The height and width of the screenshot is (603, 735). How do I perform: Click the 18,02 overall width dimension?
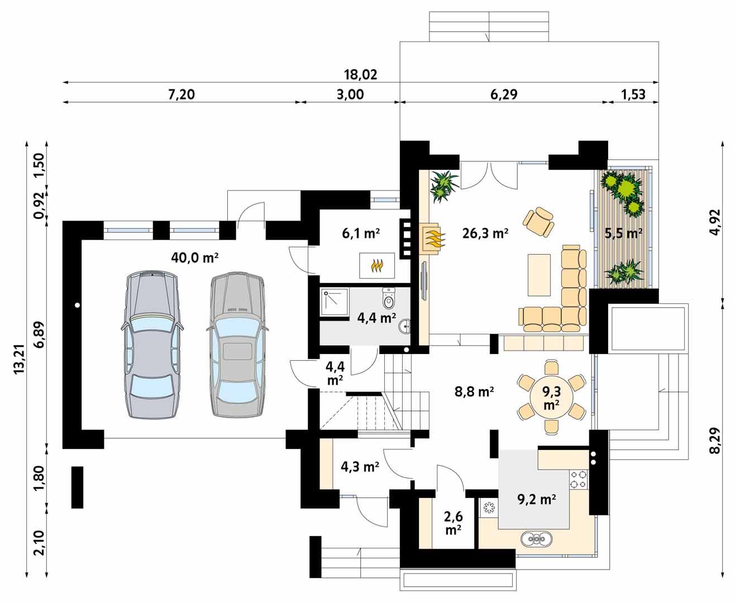(x=361, y=75)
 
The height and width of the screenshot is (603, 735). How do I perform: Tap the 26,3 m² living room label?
(x=485, y=233)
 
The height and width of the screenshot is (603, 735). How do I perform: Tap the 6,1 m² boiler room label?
(x=361, y=233)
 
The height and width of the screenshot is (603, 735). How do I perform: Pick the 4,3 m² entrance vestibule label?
(x=360, y=467)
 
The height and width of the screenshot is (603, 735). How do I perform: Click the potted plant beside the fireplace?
(x=444, y=185)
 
